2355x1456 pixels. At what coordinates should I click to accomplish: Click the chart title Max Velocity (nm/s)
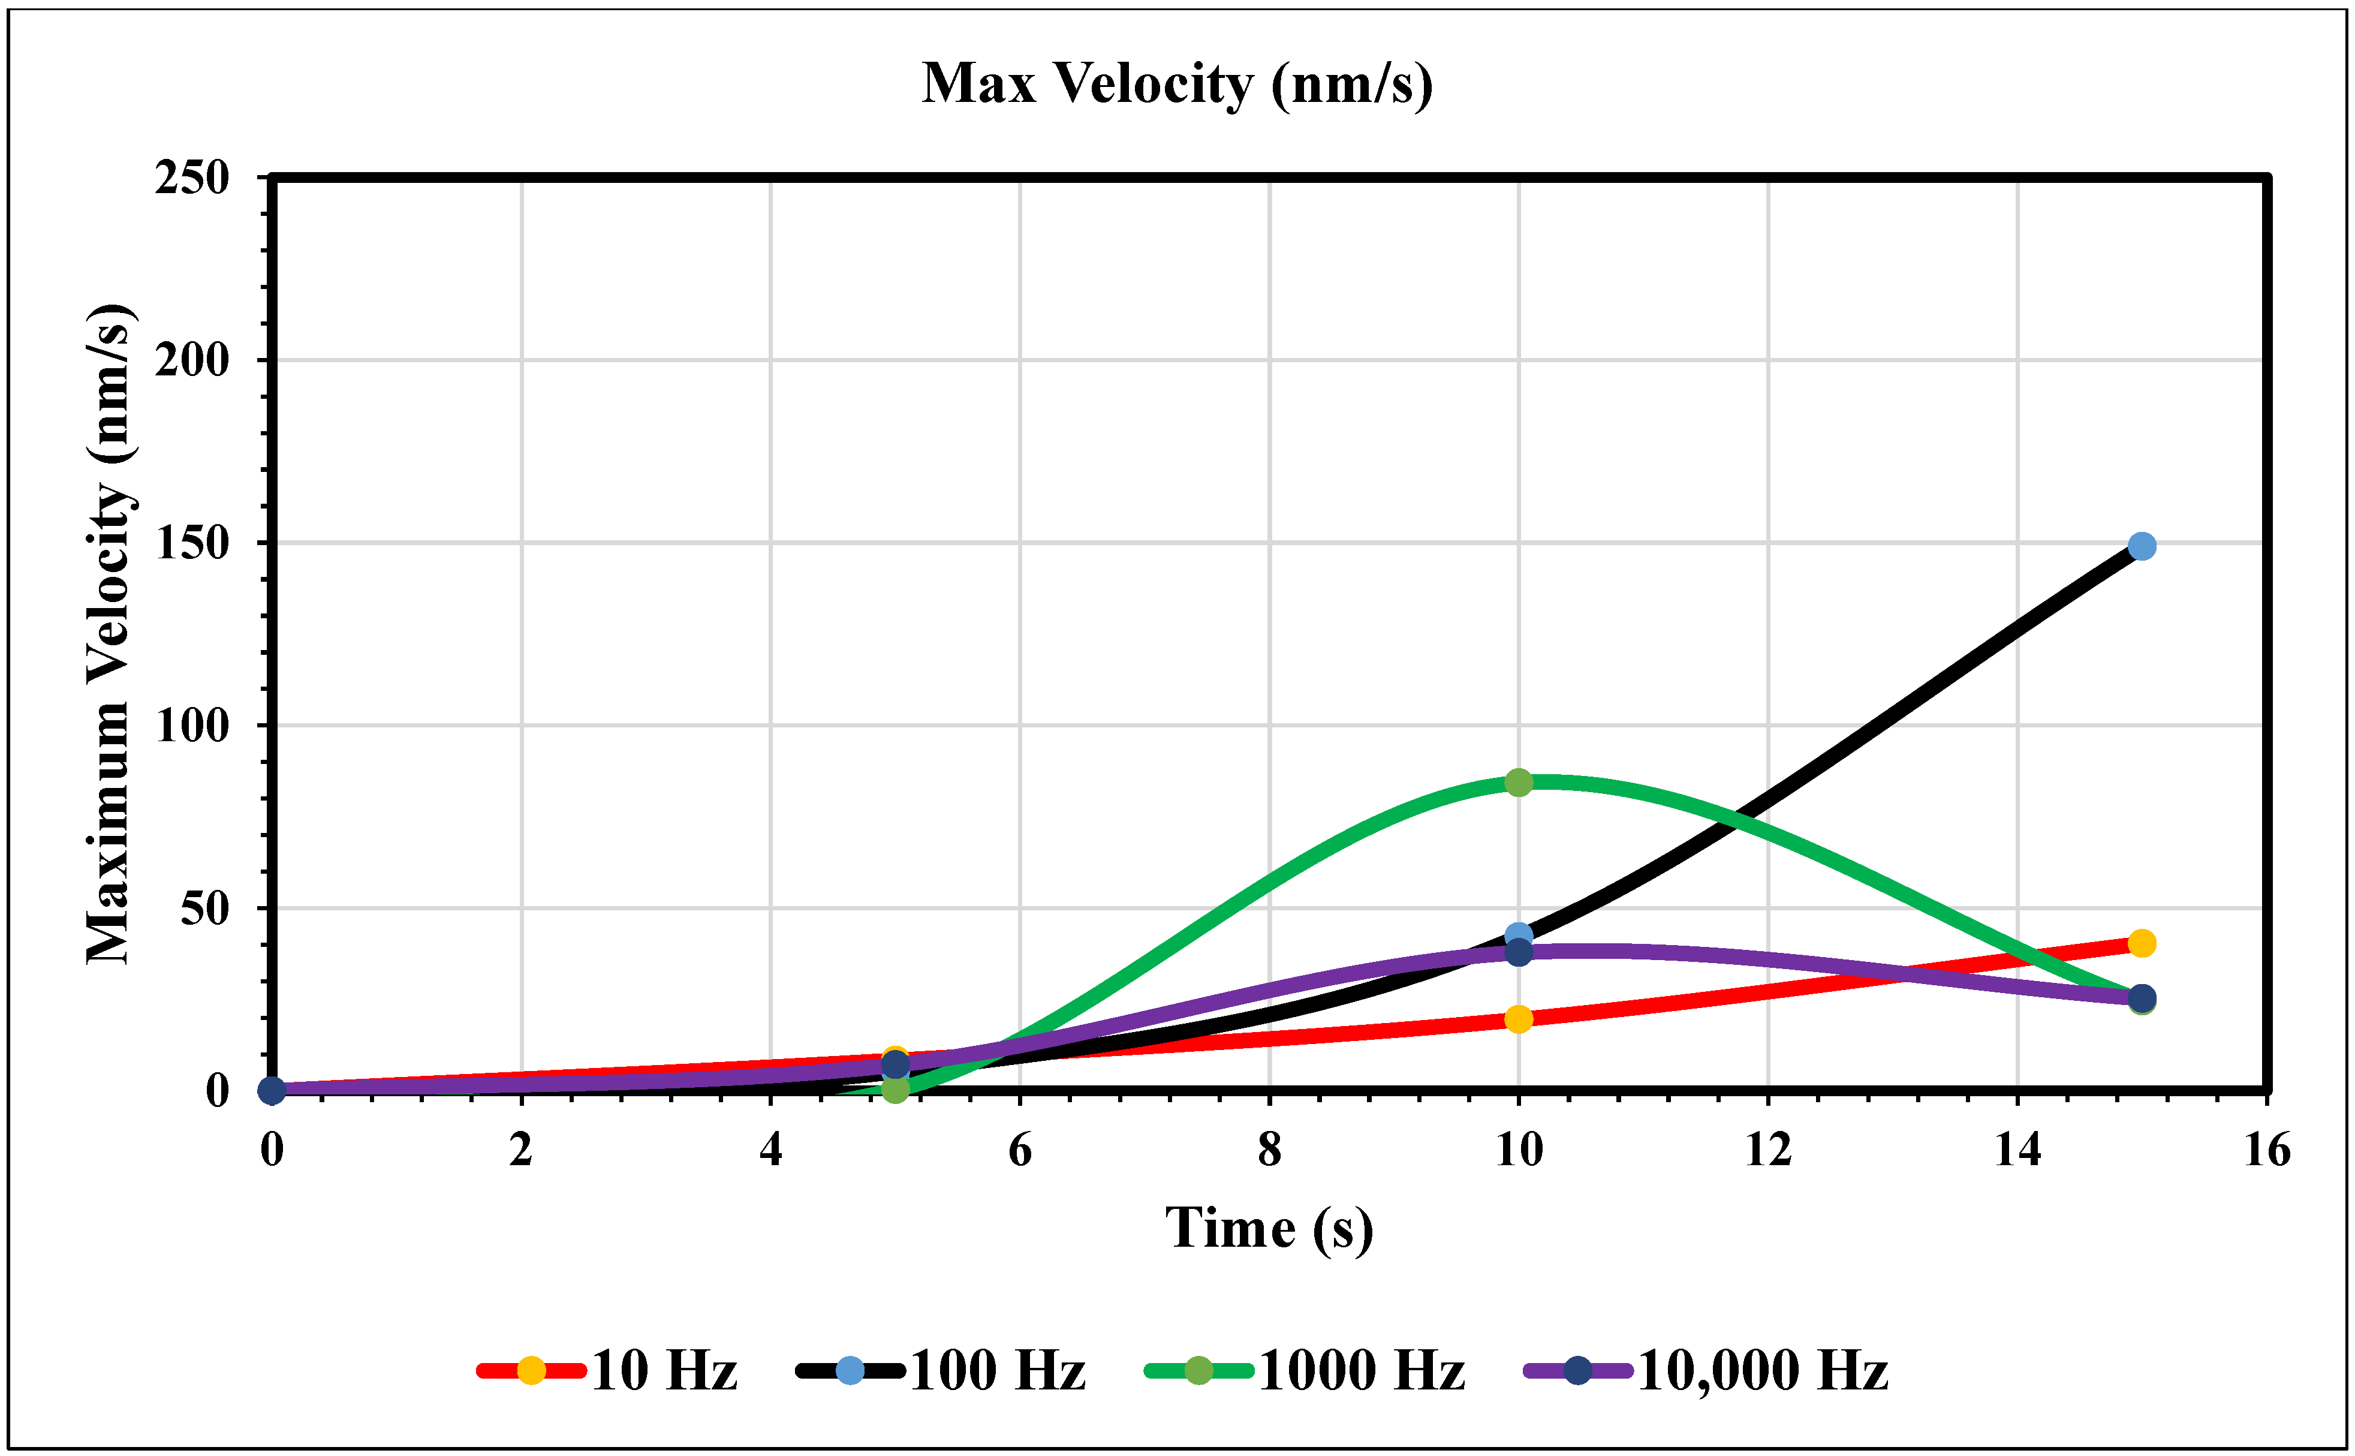pyautogui.click(x=1176, y=84)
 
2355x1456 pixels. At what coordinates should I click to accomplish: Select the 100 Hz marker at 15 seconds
pyautogui.click(x=2141, y=546)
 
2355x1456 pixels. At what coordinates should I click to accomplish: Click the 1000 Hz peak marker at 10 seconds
pyautogui.click(x=1518, y=782)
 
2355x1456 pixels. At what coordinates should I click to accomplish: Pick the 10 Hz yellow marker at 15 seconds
pyautogui.click(x=2141, y=943)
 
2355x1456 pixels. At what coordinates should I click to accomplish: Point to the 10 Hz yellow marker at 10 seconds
pyautogui.click(x=1518, y=1019)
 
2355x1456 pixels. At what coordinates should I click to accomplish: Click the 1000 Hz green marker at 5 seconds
pyautogui.click(x=895, y=1089)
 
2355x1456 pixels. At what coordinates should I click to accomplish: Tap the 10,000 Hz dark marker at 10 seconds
pyautogui.click(x=1518, y=952)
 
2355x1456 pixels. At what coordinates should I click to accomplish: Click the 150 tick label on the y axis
pyautogui.click(x=192, y=543)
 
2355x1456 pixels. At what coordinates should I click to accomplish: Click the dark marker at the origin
pyautogui.click(x=272, y=1090)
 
